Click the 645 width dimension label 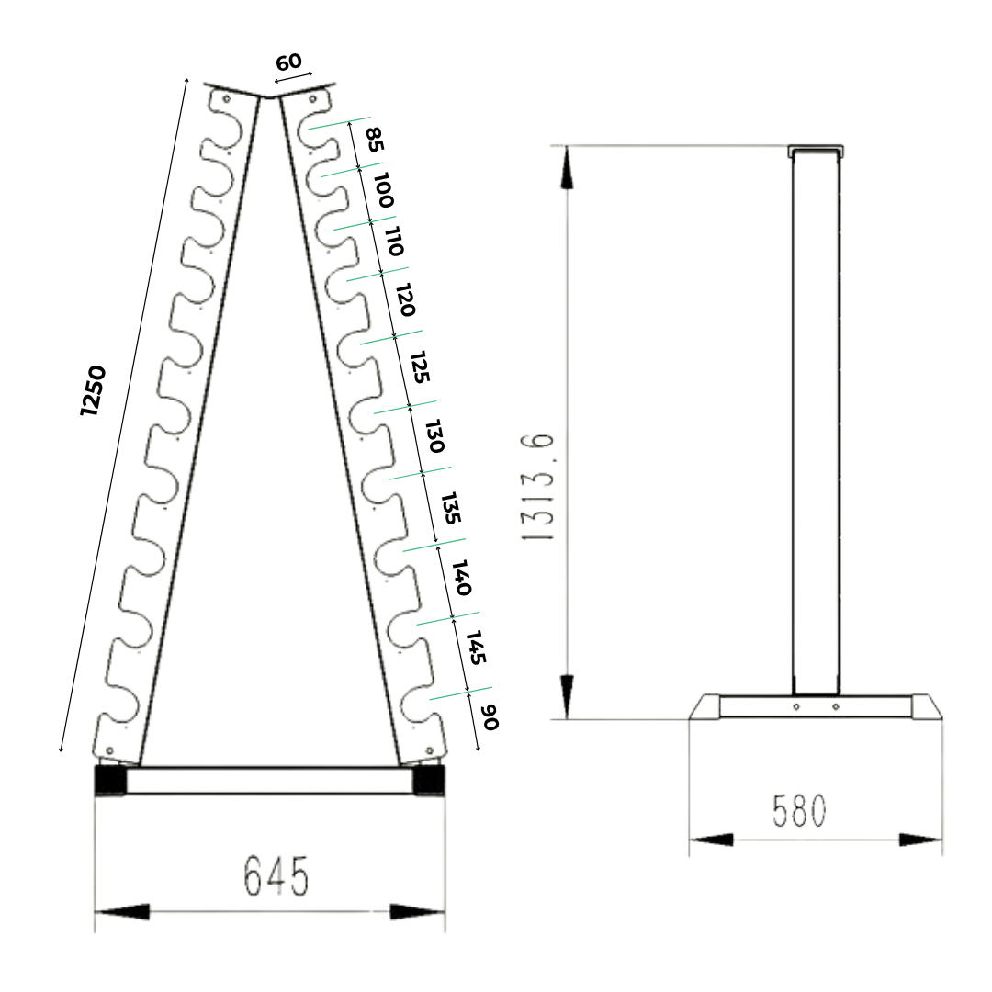point(276,877)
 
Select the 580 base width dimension point(799,810)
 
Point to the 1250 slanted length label point(94,391)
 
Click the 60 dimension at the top point(288,62)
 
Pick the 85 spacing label point(374,140)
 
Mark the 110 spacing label point(394,241)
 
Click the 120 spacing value point(405,299)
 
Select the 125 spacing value point(420,366)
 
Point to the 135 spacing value point(449,508)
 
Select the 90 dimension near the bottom point(490,717)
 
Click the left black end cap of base point(110,780)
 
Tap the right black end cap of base point(428,780)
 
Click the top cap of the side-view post point(816,149)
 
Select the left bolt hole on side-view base point(796,706)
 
